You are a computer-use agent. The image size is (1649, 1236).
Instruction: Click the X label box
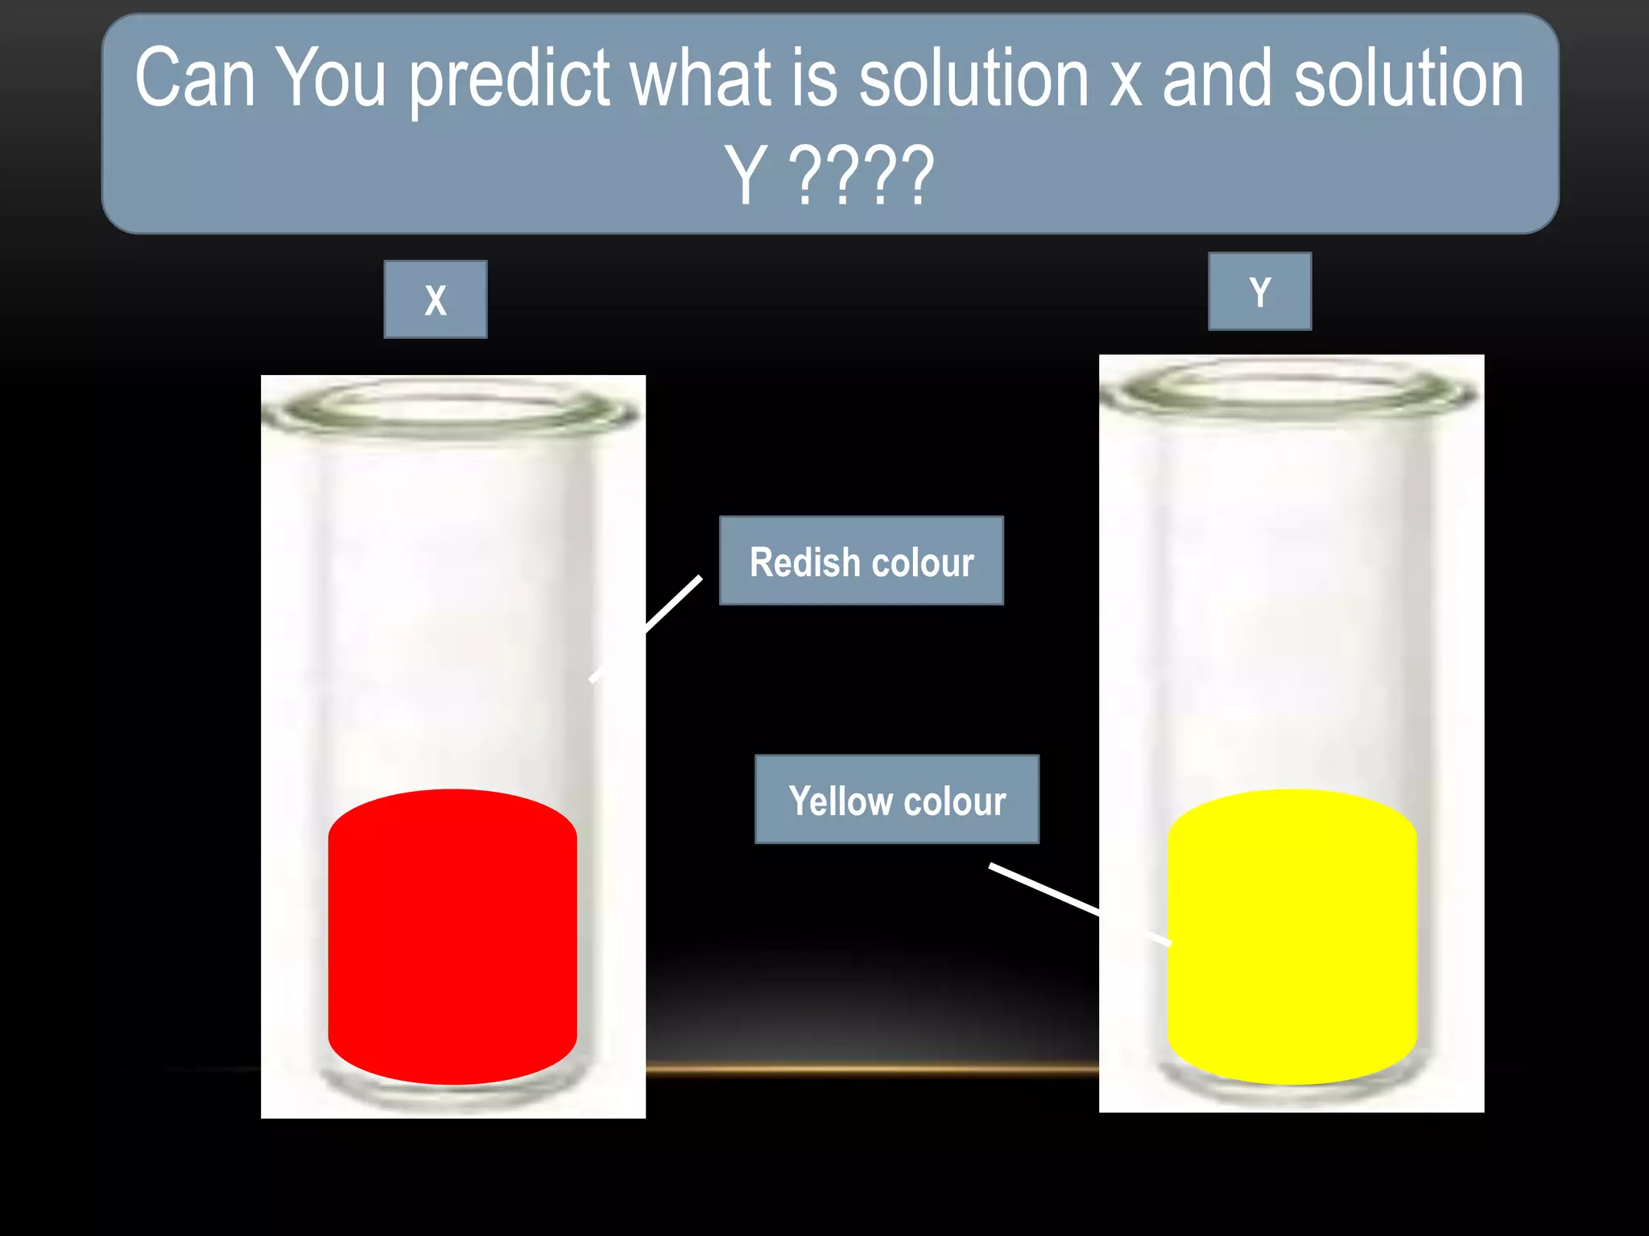click(x=435, y=299)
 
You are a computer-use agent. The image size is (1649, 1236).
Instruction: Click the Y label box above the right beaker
click(x=1259, y=291)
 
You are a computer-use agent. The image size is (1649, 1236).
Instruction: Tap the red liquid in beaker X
click(x=453, y=937)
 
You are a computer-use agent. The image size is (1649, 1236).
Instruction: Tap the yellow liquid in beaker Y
click(x=1292, y=937)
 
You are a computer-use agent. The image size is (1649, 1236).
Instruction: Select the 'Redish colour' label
click(x=861, y=561)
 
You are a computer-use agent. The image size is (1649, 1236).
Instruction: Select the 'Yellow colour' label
click(x=897, y=800)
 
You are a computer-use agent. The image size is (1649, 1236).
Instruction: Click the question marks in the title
click(x=861, y=175)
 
